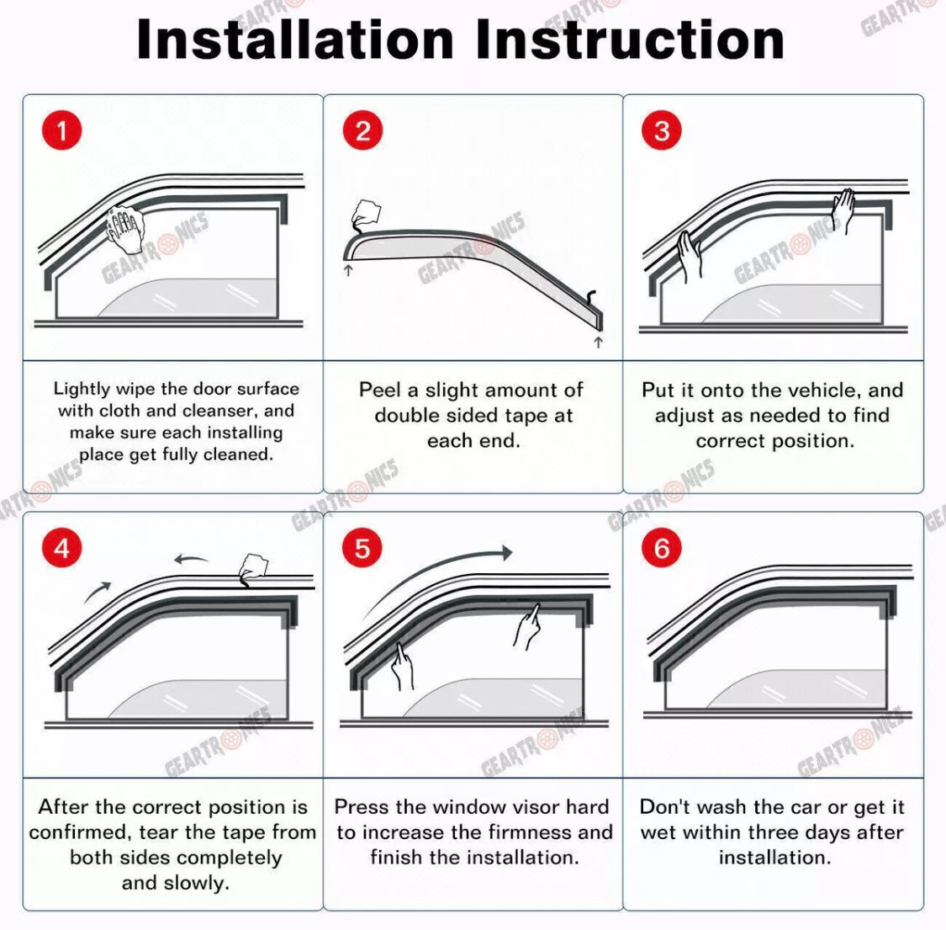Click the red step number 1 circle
pyautogui.click(x=61, y=130)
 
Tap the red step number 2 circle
pyautogui.click(x=362, y=130)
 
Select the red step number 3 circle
pyautogui.click(x=662, y=130)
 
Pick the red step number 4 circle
pyautogui.click(x=61, y=548)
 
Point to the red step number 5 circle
pyautogui.click(x=362, y=548)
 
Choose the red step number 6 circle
pyautogui.click(x=662, y=548)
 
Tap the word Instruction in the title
pyautogui.click(x=630, y=40)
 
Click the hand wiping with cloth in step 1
pyautogui.click(x=125, y=230)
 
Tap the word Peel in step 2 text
pyautogui.click(x=380, y=391)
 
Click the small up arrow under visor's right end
pyautogui.click(x=598, y=343)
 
